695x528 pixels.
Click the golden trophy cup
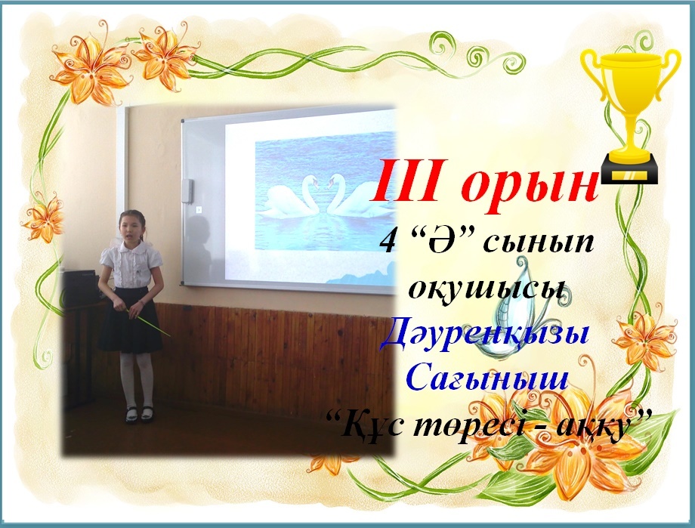pyautogui.click(x=630, y=116)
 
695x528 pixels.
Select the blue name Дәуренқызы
pyautogui.click(x=486, y=337)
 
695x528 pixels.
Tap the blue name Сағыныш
pyautogui.click(x=487, y=378)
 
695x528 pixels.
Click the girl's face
pyautogui.click(x=131, y=230)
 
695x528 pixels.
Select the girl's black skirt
pyautogui.click(x=130, y=320)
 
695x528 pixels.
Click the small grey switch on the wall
pyautogui.click(x=188, y=191)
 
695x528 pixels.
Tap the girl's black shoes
pyautogui.click(x=139, y=414)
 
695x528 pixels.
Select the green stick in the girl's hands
pyautogui.click(x=149, y=323)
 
